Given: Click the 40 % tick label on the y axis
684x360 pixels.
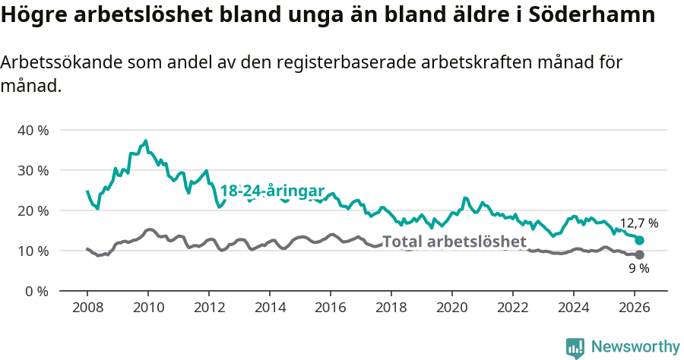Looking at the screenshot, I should tap(32, 130).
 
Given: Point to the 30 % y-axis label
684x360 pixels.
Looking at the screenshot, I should tap(32, 170).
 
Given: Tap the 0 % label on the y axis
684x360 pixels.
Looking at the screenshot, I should tap(36, 291).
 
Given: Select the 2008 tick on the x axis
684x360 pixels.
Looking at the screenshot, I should tap(87, 307).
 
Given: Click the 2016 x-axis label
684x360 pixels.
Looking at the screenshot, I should tap(331, 307).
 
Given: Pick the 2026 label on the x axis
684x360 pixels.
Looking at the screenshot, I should tap(635, 307).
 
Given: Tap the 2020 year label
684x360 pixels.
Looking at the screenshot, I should tap(452, 307).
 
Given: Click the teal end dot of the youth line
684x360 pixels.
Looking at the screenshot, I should tap(639, 240).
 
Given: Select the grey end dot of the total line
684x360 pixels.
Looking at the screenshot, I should tap(639, 255).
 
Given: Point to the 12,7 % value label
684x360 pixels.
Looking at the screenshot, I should tap(638, 223).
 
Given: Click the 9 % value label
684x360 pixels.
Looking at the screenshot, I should tap(638, 269).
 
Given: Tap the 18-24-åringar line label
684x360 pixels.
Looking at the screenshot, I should tap(272, 191).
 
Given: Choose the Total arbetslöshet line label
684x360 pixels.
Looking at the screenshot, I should tap(454, 242).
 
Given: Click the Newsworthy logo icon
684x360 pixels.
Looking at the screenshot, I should tap(575, 347).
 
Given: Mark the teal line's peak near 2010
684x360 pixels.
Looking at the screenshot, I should tap(145, 141).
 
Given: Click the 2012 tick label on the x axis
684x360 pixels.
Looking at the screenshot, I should tap(209, 307).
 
